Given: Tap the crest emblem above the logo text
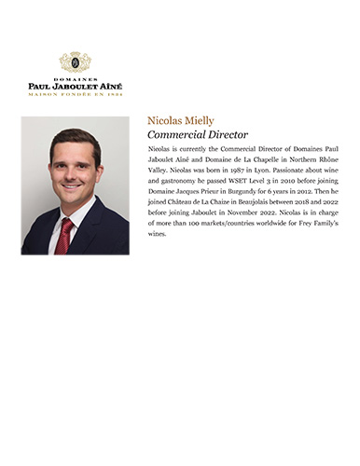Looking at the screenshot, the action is click(x=75, y=62).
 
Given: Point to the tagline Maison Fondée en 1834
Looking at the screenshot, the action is click(x=75, y=93).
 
